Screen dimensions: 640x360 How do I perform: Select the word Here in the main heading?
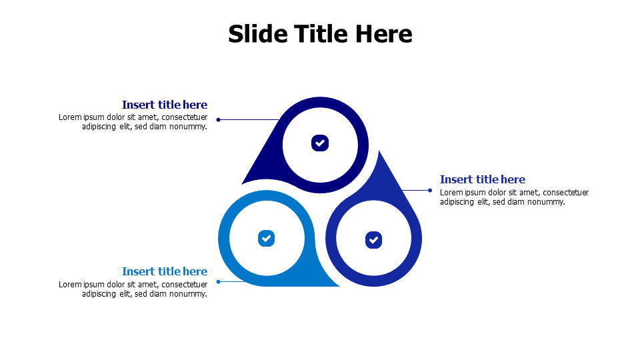[x=384, y=33]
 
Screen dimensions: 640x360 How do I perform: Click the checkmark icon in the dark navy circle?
[x=320, y=143]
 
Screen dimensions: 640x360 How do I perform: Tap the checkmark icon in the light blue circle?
[x=266, y=239]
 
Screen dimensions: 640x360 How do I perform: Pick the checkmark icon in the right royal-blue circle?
[x=373, y=240]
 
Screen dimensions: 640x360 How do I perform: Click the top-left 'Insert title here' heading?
[x=165, y=105]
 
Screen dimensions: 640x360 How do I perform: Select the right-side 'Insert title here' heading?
[x=483, y=179]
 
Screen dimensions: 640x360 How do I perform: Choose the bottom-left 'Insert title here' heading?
[x=165, y=271]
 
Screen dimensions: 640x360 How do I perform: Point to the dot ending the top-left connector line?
[x=219, y=119]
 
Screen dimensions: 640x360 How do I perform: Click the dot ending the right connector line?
[x=430, y=190]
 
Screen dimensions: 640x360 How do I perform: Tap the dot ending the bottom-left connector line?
[x=219, y=281]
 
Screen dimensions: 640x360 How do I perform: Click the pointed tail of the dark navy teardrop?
[x=242, y=184]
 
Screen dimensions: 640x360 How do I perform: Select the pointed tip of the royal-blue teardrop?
[x=379, y=151]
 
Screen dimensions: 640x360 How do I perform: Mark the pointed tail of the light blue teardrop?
[x=339, y=286]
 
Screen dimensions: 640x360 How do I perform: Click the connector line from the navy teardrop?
[x=249, y=119]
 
